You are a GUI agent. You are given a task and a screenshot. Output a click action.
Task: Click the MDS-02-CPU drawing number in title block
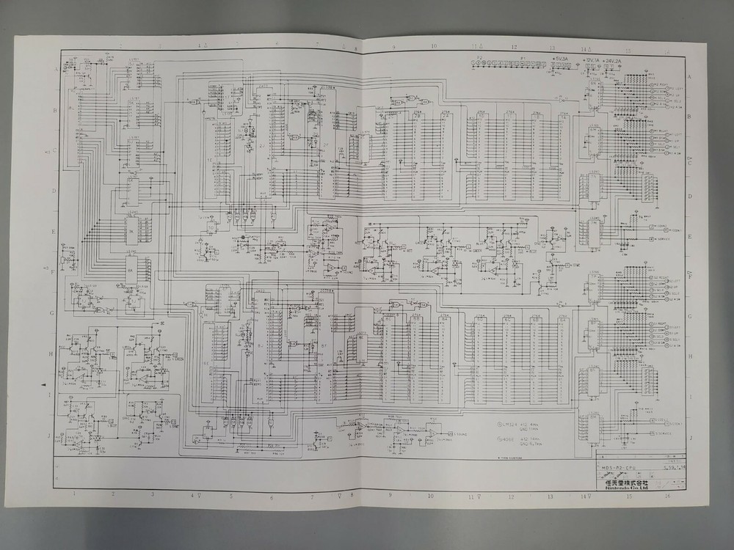[x=614, y=466]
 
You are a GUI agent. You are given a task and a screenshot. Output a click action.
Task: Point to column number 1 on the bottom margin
[x=74, y=494]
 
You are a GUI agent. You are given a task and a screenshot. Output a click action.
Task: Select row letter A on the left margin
[x=56, y=68]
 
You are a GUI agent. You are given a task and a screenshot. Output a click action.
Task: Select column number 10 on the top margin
[x=433, y=46]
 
